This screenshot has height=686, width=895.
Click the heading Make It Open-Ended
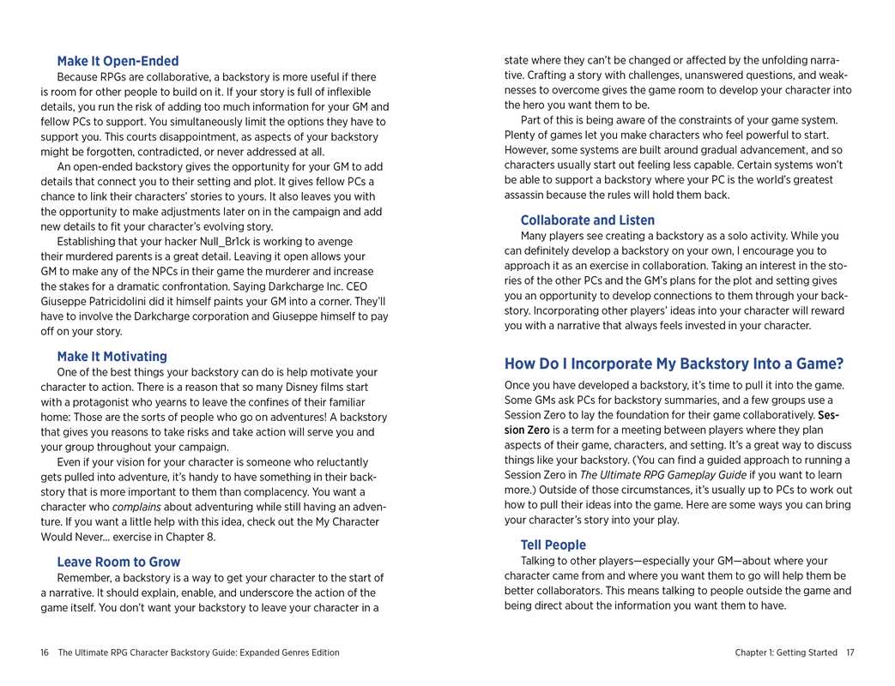tap(118, 61)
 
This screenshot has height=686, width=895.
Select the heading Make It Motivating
tap(112, 356)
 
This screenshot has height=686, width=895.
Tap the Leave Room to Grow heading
tap(118, 562)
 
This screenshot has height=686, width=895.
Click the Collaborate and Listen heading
tap(587, 220)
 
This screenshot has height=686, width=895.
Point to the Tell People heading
tap(553, 545)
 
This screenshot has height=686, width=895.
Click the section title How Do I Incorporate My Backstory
tap(674, 363)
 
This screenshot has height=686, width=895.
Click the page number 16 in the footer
tap(45, 653)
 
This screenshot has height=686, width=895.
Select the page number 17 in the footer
tap(850, 653)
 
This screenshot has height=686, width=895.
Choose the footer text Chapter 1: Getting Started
tap(785, 653)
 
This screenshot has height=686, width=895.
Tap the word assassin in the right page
tap(525, 195)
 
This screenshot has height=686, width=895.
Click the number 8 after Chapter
tap(209, 537)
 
